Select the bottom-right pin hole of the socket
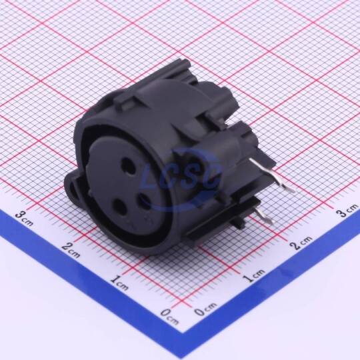(144, 201)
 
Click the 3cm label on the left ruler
(24, 218)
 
